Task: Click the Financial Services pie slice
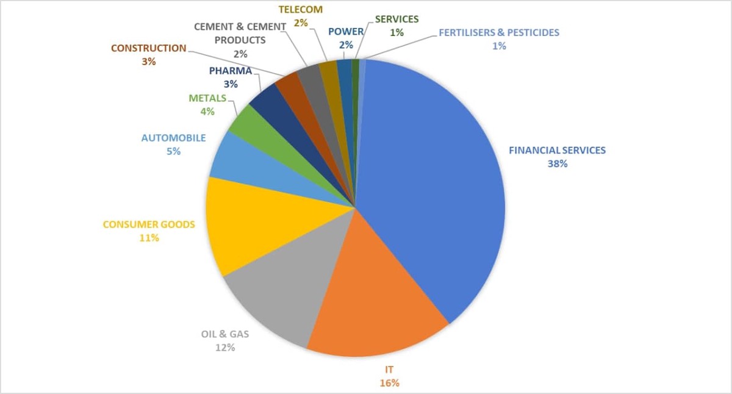tap(433, 183)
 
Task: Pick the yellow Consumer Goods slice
tap(256, 226)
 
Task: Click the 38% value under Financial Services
tap(558, 163)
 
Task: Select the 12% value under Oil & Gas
tap(225, 347)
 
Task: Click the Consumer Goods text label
tap(149, 224)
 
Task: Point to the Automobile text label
tap(173, 138)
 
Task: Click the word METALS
tap(207, 98)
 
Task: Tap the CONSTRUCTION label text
tap(149, 48)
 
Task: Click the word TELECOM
tap(301, 10)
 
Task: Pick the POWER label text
tap(346, 32)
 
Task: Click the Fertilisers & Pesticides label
tap(498, 32)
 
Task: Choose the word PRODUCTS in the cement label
tap(240, 40)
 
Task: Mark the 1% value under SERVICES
tap(396, 32)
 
